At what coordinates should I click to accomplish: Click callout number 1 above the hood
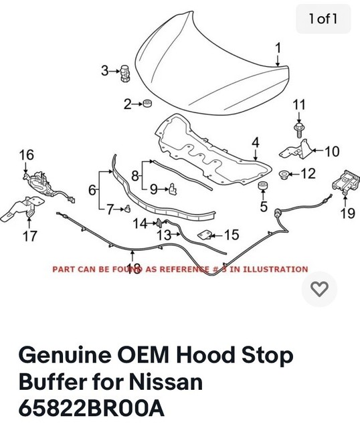[278, 47]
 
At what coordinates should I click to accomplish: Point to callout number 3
[105, 70]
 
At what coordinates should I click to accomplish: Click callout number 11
[299, 104]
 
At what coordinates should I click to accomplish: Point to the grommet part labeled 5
[263, 186]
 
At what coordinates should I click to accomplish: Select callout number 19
[347, 214]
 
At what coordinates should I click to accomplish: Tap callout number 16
[26, 155]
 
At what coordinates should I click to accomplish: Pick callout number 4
[255, 142]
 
